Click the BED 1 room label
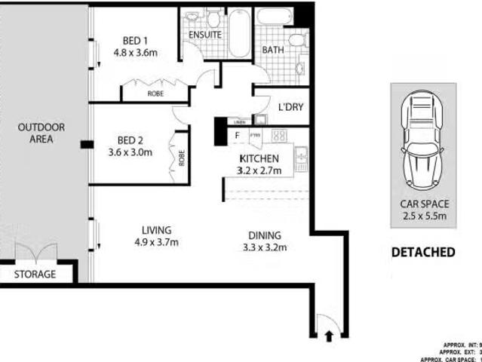(135, 41)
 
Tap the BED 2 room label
(130, 140)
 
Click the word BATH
(272, 50)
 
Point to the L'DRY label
(290, 107)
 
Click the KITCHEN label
(259, 158)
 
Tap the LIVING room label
(157, 230)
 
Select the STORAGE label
(35, 275)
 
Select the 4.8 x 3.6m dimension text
(135, 54)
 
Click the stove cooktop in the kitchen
(278, 137)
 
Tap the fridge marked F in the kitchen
(238, 137)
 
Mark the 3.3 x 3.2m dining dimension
(265, 247)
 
